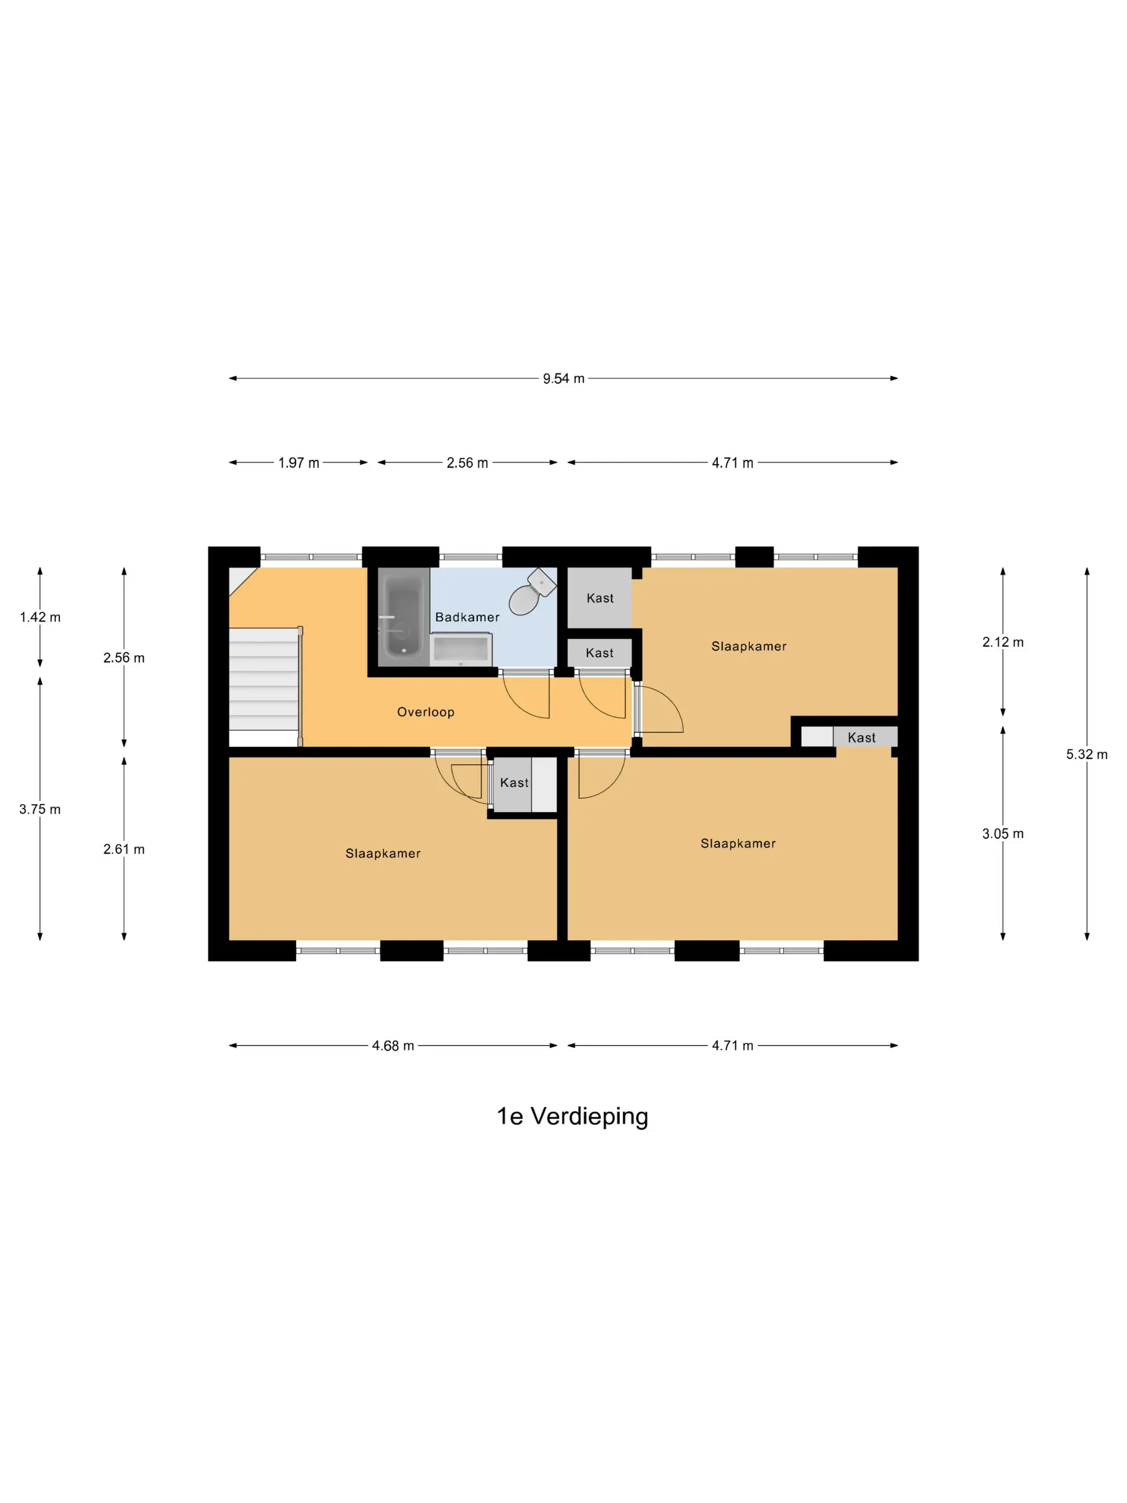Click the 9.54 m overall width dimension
click(563, 378)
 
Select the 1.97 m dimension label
click(298, 463)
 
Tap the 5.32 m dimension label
click(1086, 754)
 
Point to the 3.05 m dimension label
click(1002, 834)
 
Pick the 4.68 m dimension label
click(393, 1046)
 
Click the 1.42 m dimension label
click(40, 617)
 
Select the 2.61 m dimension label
click(123, 849)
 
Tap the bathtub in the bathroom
click(404, 617)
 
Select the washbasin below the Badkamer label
click(460, 649)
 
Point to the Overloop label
click(425, 712)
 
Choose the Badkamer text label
click(467, 617)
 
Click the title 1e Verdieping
click(572, 1117)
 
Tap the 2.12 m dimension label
click(1002, 642)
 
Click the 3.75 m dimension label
click(40, 809)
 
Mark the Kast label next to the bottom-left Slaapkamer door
click(514, 783)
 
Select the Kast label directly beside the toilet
click(600, 598)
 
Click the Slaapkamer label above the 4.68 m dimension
click(383, 853)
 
